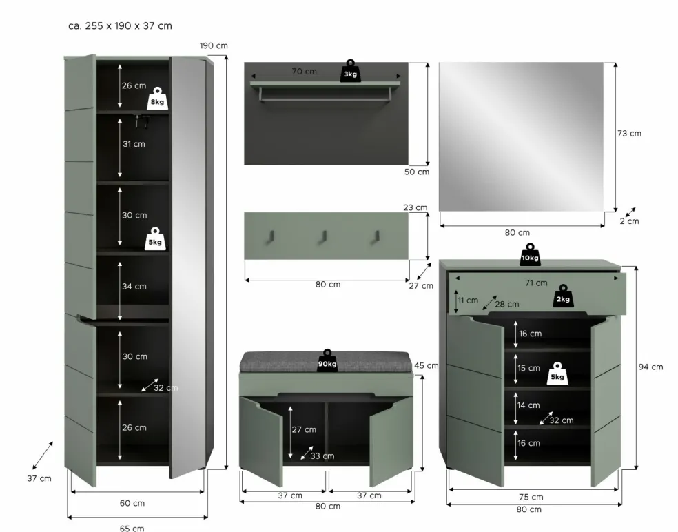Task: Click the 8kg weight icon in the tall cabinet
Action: tap(157, 99)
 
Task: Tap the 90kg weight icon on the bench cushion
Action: tap(327, 360)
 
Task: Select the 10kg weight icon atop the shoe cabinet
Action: tap(530, 255)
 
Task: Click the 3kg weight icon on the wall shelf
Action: tap(350, 71)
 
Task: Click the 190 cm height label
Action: tap(214, 45)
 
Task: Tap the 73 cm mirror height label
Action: tap(629, 133)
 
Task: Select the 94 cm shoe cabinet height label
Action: tap(650, 367)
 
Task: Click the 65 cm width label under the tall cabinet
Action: tap(132, 528)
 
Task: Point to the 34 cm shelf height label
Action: tap(134, 286)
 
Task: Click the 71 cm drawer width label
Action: tap(536, 283)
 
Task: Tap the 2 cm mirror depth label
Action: tap(629, 221)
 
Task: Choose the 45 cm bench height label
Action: tap(427, 365)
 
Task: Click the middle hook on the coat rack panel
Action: tap(323, 236)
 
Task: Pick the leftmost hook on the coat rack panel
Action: tap(270, 236)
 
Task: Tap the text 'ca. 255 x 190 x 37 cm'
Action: tap(120, 26)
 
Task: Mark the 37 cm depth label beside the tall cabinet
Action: tap(39, 478)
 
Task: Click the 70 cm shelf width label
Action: tap(304, 72)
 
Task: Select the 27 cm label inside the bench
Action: tap(304, 429)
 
